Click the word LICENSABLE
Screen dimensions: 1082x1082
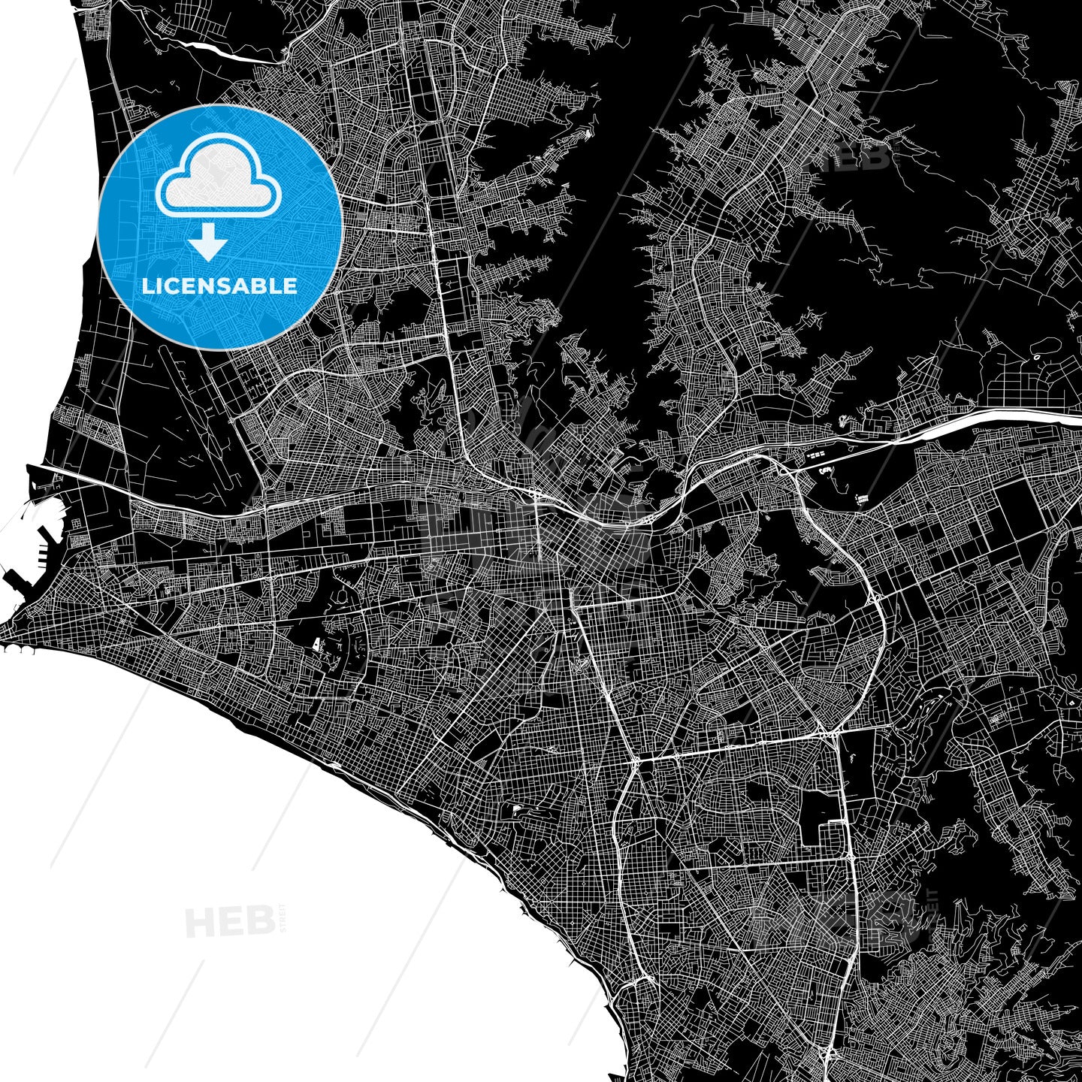pos(219,286)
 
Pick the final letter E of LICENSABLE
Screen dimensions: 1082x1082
pos(290,286)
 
